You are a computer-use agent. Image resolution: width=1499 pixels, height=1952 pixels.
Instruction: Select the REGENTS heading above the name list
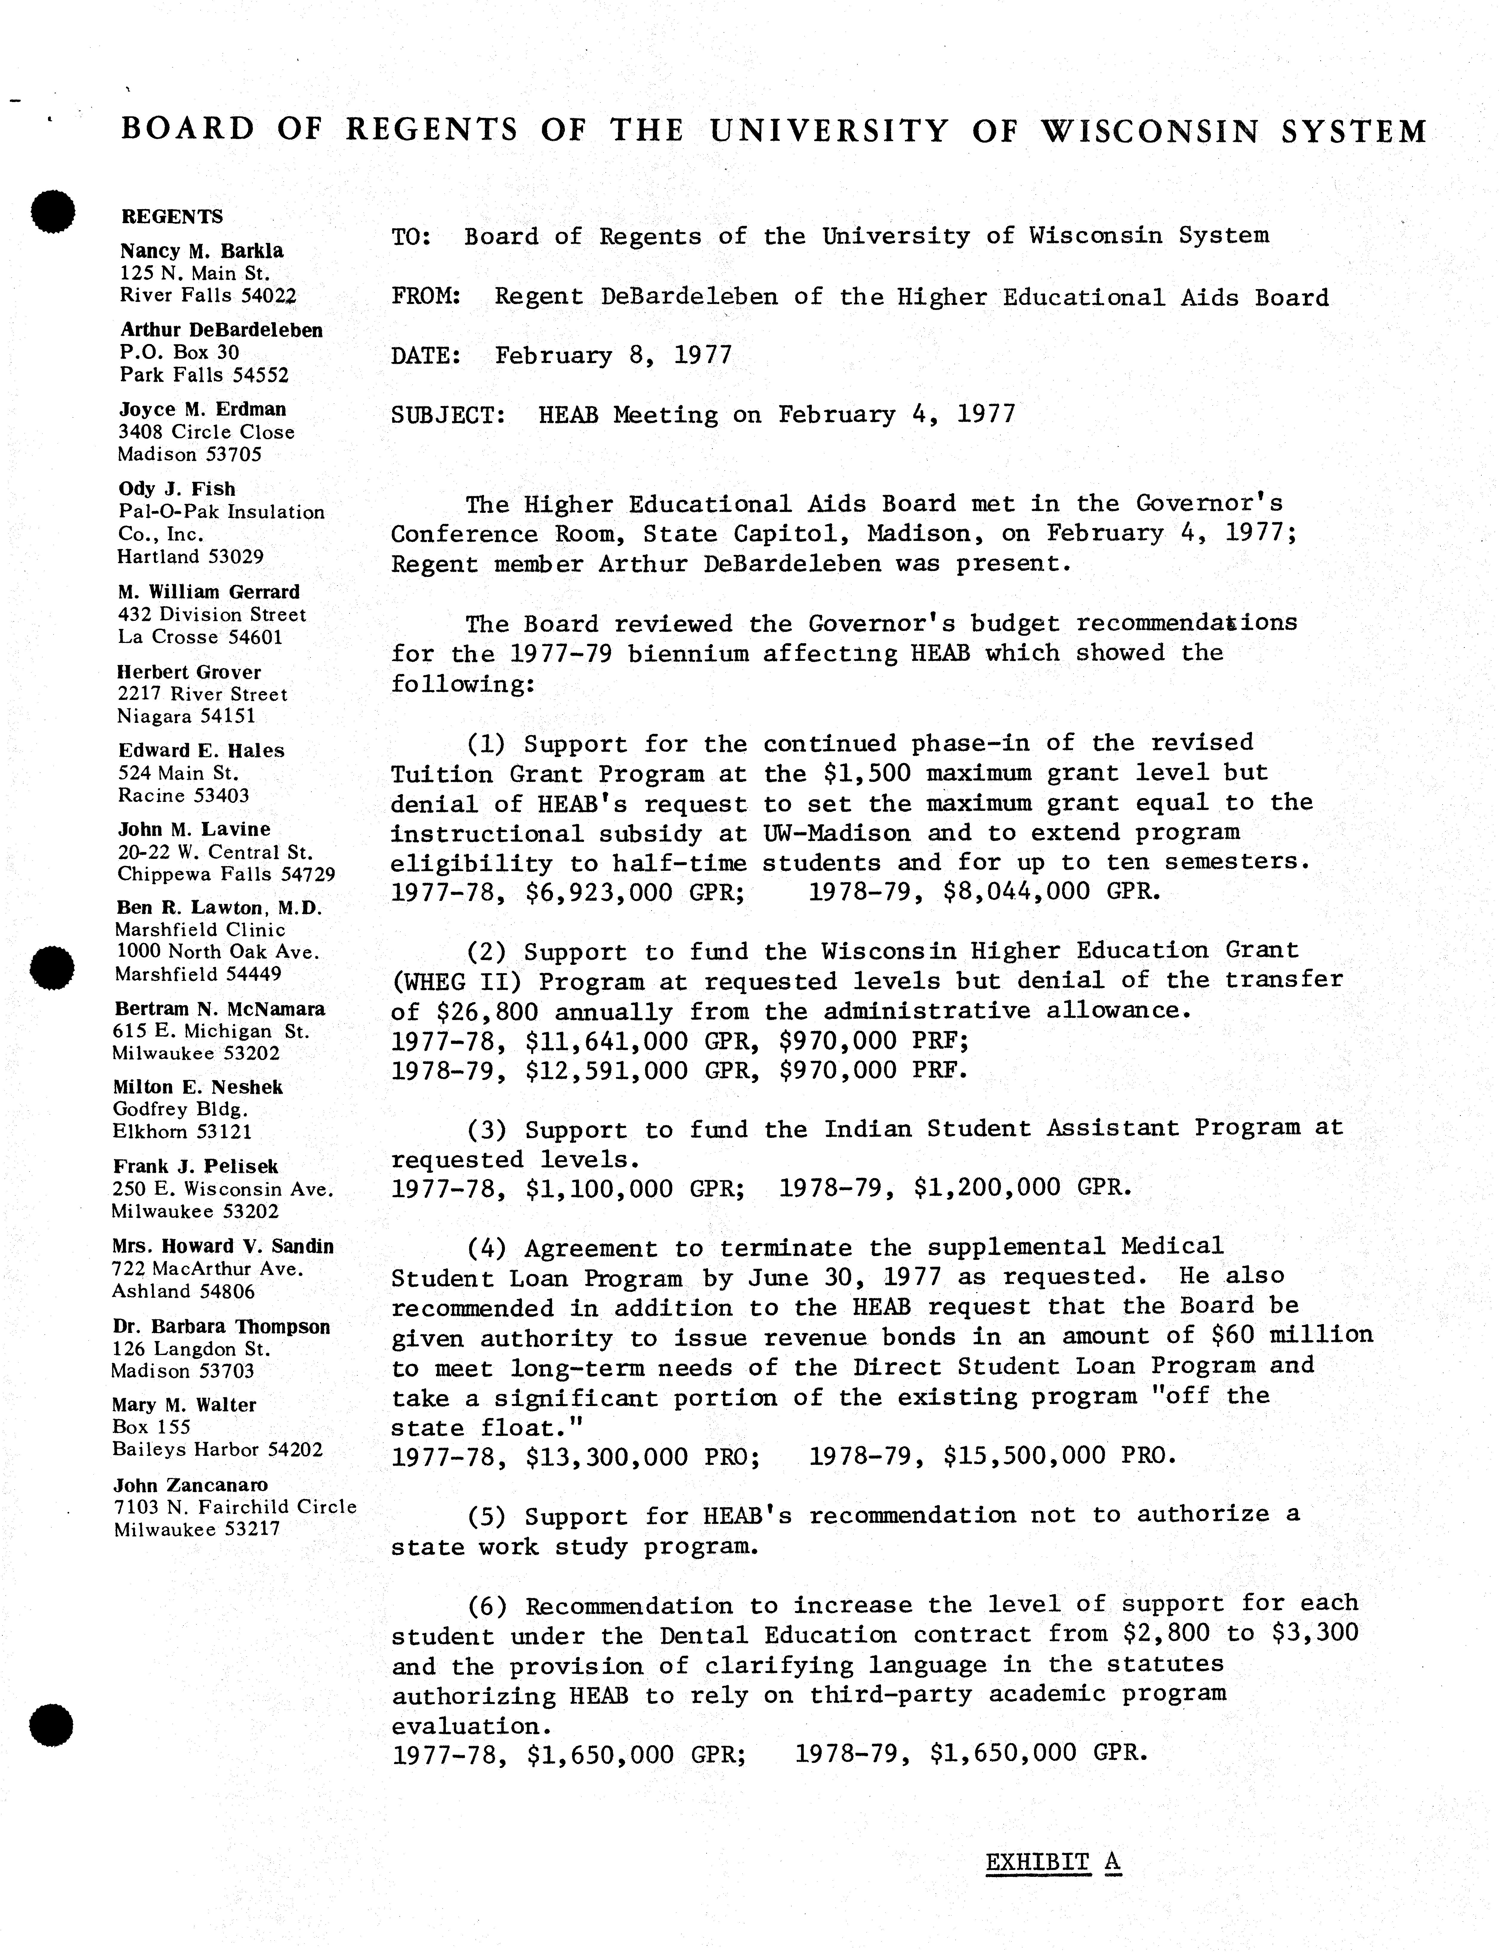172,217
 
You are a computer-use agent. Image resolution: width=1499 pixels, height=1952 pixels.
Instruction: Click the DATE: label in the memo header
426,356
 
